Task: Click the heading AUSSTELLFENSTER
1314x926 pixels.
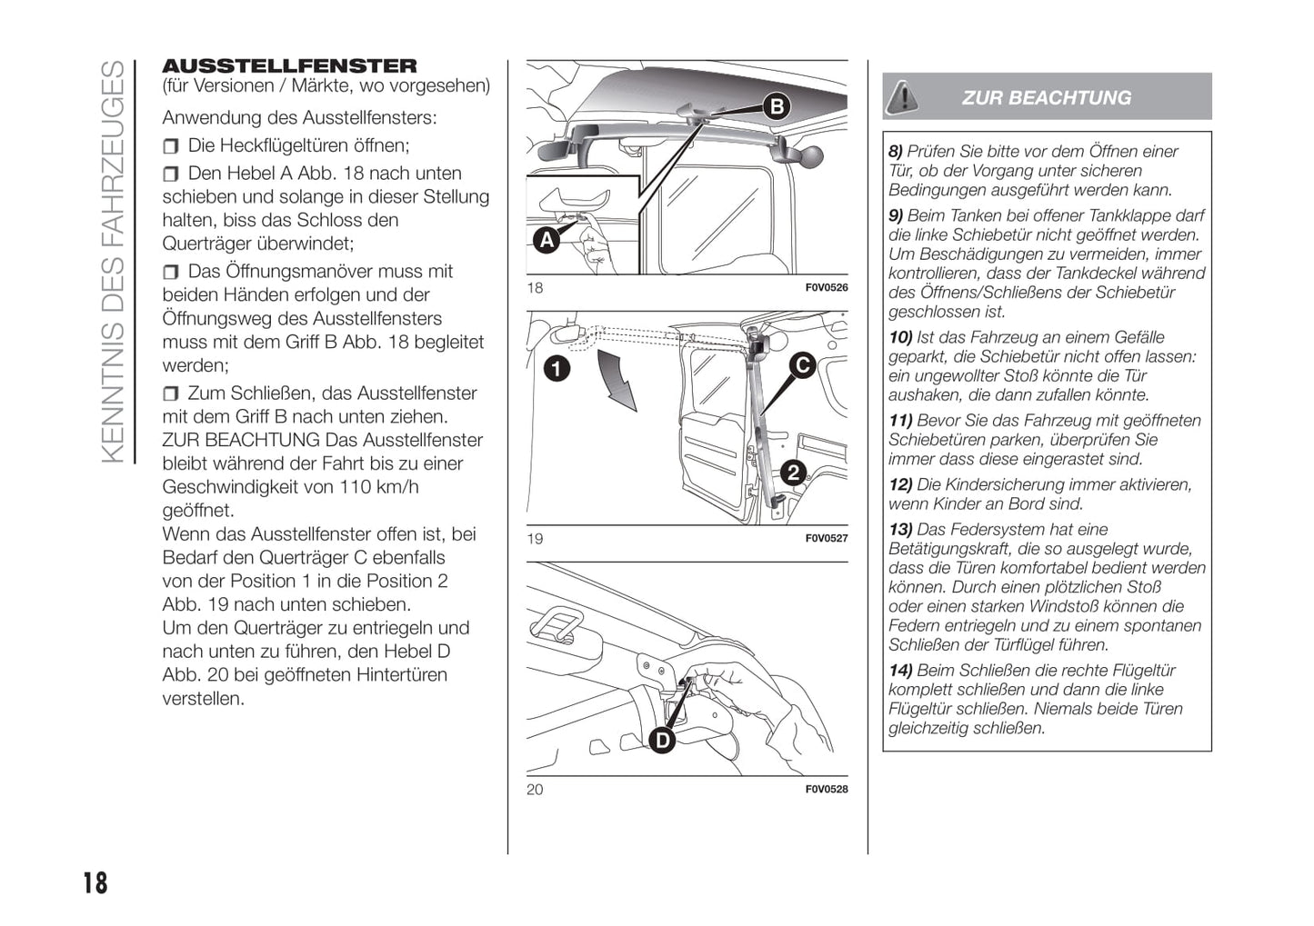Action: click(x=289, y=65)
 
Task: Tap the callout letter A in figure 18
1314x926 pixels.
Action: click(x=546, y=240)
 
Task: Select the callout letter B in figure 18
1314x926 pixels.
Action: click(x=777, y=107)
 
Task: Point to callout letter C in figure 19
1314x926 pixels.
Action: click(x=802, y=365)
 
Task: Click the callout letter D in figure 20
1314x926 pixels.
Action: click(x=662, y=741)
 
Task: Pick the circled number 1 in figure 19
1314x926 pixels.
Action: click(x=557, y=368)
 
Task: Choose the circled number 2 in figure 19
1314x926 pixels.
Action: click(x=793, y=472)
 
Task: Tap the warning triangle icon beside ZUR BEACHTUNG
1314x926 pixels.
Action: click(x=902, y=96)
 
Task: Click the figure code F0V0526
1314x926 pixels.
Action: click(x=827, y=288)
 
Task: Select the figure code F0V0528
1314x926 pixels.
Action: click(x=827, y=790)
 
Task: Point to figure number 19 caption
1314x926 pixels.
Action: click(x=535, y=539)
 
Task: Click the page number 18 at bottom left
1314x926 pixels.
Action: click(x=95, y=883)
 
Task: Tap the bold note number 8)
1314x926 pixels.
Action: click(x=896, y=152)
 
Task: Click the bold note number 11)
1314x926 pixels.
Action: click(x=900, y=421)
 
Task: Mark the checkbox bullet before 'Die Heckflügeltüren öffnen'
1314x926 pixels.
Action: click(x=171, y=146)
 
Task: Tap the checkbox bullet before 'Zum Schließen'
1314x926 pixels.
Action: click(x=171, y=393)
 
